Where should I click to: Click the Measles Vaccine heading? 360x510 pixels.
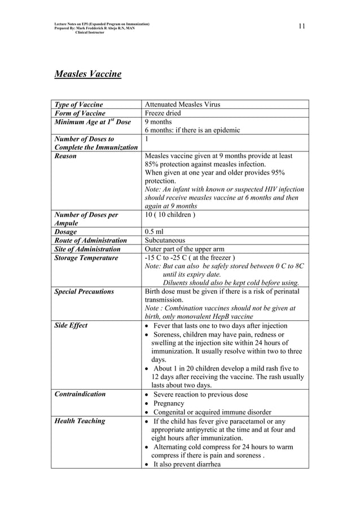coord(87,74)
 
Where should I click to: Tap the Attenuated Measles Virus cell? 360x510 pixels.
coord(182,104)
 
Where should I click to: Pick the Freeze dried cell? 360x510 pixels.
coord(163,113)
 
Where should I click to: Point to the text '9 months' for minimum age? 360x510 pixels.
coord(159,121)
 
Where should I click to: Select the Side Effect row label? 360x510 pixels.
coord(71,326)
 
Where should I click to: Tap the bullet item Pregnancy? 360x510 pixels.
coord(169,403)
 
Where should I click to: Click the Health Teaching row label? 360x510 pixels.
coord(79,421)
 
